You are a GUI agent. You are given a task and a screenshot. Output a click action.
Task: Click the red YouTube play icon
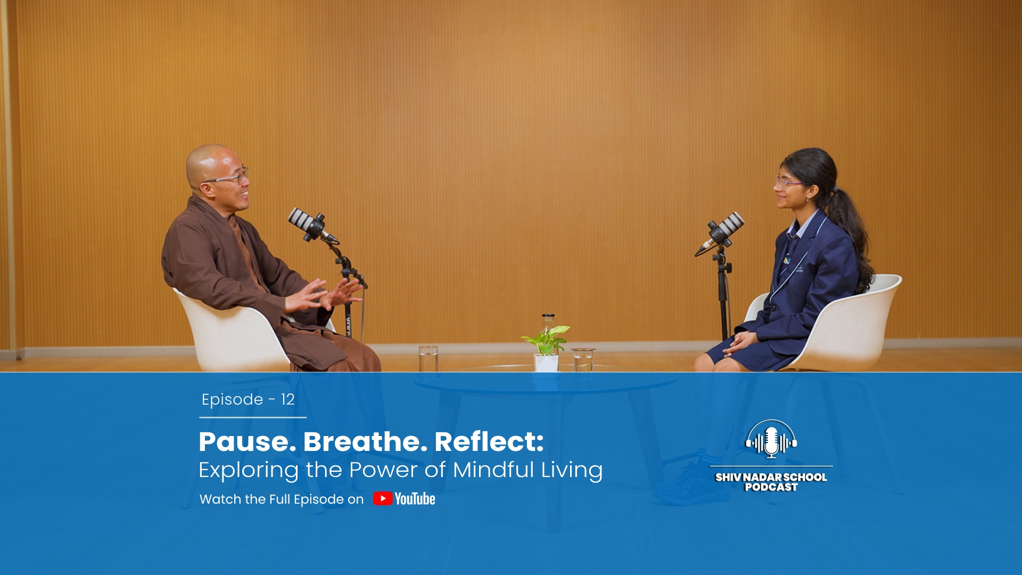coord(383,498)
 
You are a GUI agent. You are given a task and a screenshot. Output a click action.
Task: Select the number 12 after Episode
coord(287,399)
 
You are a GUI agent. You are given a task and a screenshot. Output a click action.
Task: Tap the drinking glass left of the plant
coord(428,359)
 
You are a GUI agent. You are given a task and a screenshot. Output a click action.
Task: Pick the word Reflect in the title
coord(489,441)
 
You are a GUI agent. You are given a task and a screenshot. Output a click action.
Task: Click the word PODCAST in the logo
coord(771,487)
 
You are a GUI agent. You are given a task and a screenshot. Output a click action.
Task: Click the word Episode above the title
coord(232,400)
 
